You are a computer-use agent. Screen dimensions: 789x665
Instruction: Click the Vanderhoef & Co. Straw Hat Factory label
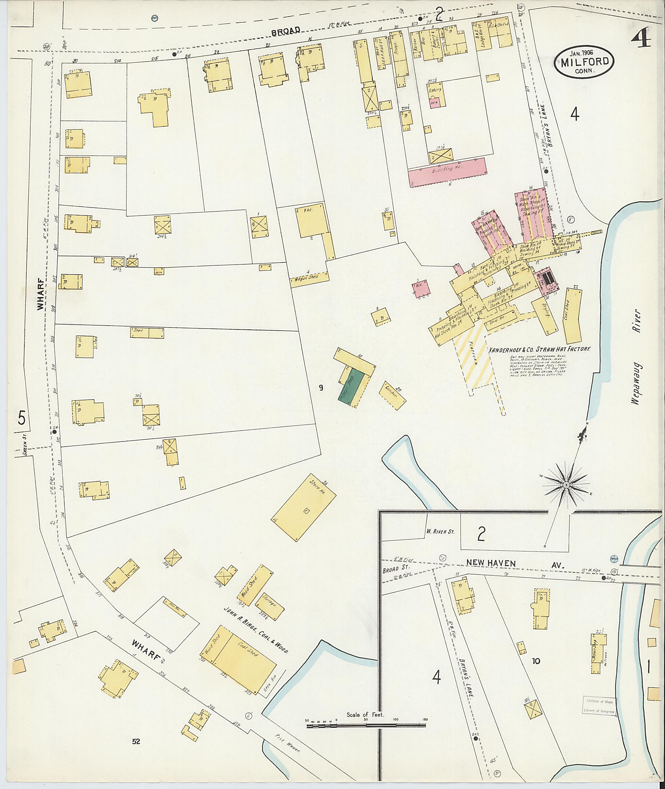pos(538,350)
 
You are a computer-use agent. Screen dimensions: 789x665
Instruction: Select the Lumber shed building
pos(393,395)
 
